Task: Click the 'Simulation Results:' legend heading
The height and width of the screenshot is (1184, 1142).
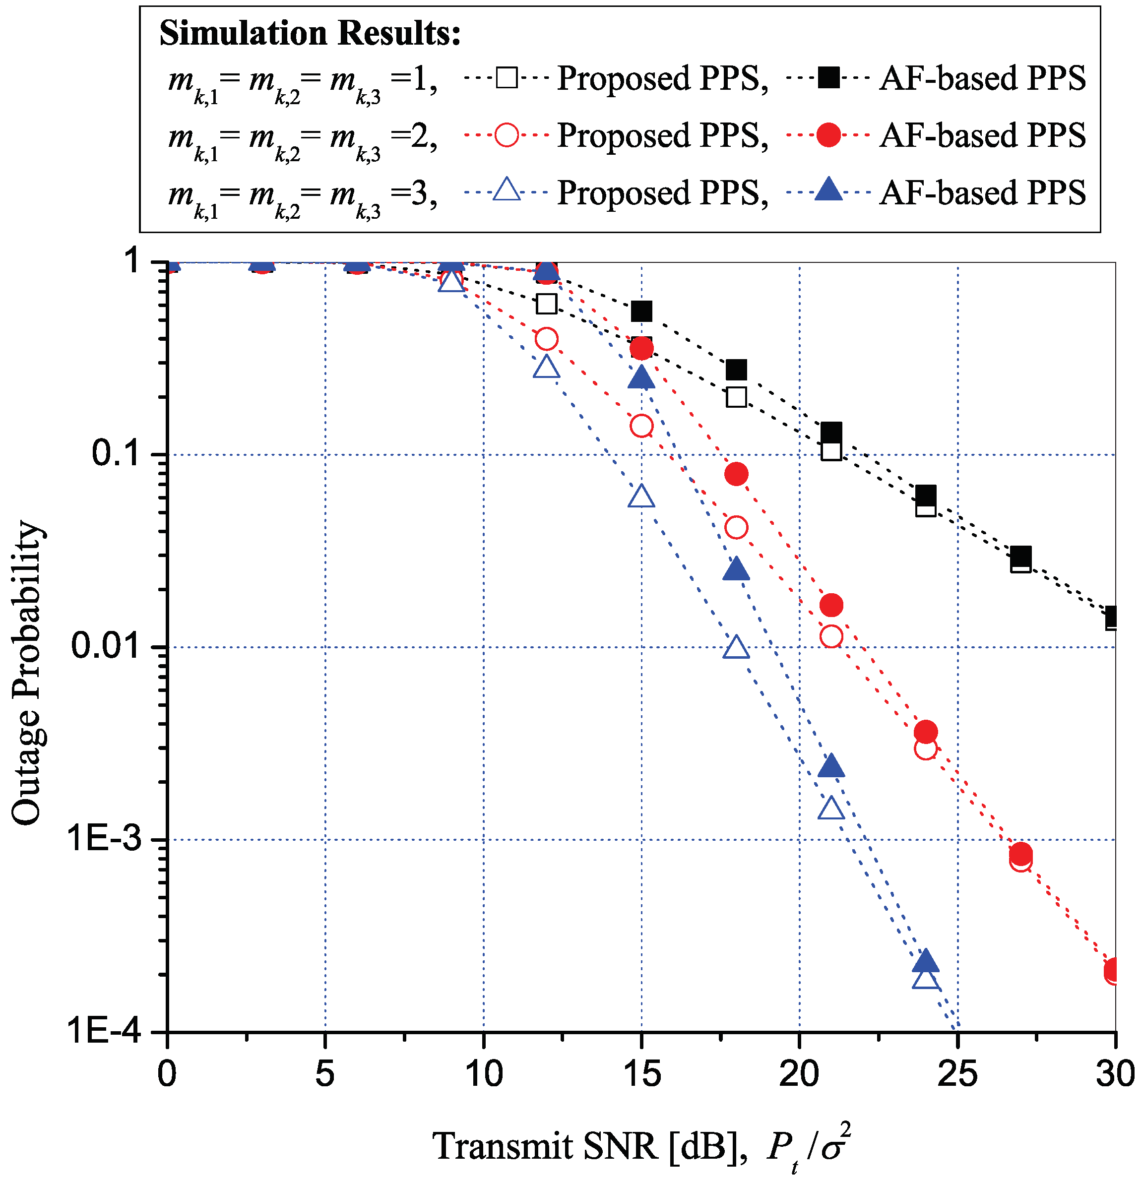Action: click(310, 33)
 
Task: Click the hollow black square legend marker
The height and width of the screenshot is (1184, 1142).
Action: click(507, 78)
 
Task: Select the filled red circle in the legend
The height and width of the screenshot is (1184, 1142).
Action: click(828, 135)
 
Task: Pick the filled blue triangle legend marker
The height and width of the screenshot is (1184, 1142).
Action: click(828, 191)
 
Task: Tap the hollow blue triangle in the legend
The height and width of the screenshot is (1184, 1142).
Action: click(507, 191)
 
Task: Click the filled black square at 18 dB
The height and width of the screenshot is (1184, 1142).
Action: click(736, 369)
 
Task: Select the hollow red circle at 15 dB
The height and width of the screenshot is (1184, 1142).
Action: click(641, 426)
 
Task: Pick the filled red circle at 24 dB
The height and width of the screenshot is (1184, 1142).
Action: click(926, 732)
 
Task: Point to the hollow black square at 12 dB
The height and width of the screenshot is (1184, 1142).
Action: click(546, 304)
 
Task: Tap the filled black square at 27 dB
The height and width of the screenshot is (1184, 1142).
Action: click(1020, 555)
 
